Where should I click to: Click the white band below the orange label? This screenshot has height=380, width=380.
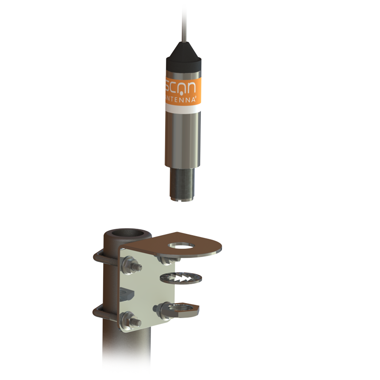pyautogui.click(x=183, y=109)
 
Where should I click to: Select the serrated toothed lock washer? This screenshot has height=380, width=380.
pyautogui.click(x=179, y=279)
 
